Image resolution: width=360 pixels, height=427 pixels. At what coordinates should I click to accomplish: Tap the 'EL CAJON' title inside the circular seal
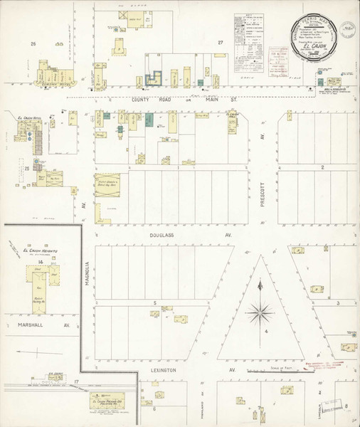click(x=314, y=49)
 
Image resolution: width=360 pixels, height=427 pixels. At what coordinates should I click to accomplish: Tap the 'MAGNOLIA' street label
click(x=86, y=274)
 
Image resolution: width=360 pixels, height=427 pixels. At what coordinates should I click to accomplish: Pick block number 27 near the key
click(x=221, y=43)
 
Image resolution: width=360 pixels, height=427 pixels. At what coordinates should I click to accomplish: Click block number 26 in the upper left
click(x=32, y=44)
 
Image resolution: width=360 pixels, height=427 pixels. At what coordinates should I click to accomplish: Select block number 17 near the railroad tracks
click(x=75, y=383)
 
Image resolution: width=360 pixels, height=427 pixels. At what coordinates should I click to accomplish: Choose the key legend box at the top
click(x=251, y=31)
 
